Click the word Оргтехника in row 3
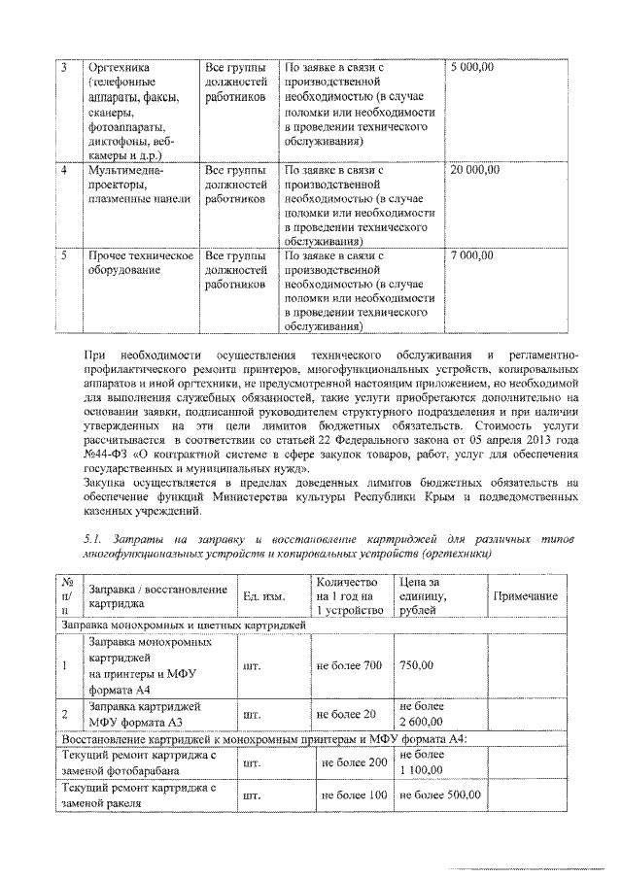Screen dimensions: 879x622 [117, 67]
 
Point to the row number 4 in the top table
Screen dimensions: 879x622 [63, 169]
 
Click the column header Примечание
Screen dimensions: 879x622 [525, 595]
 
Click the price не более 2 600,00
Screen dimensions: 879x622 [421, 714]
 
